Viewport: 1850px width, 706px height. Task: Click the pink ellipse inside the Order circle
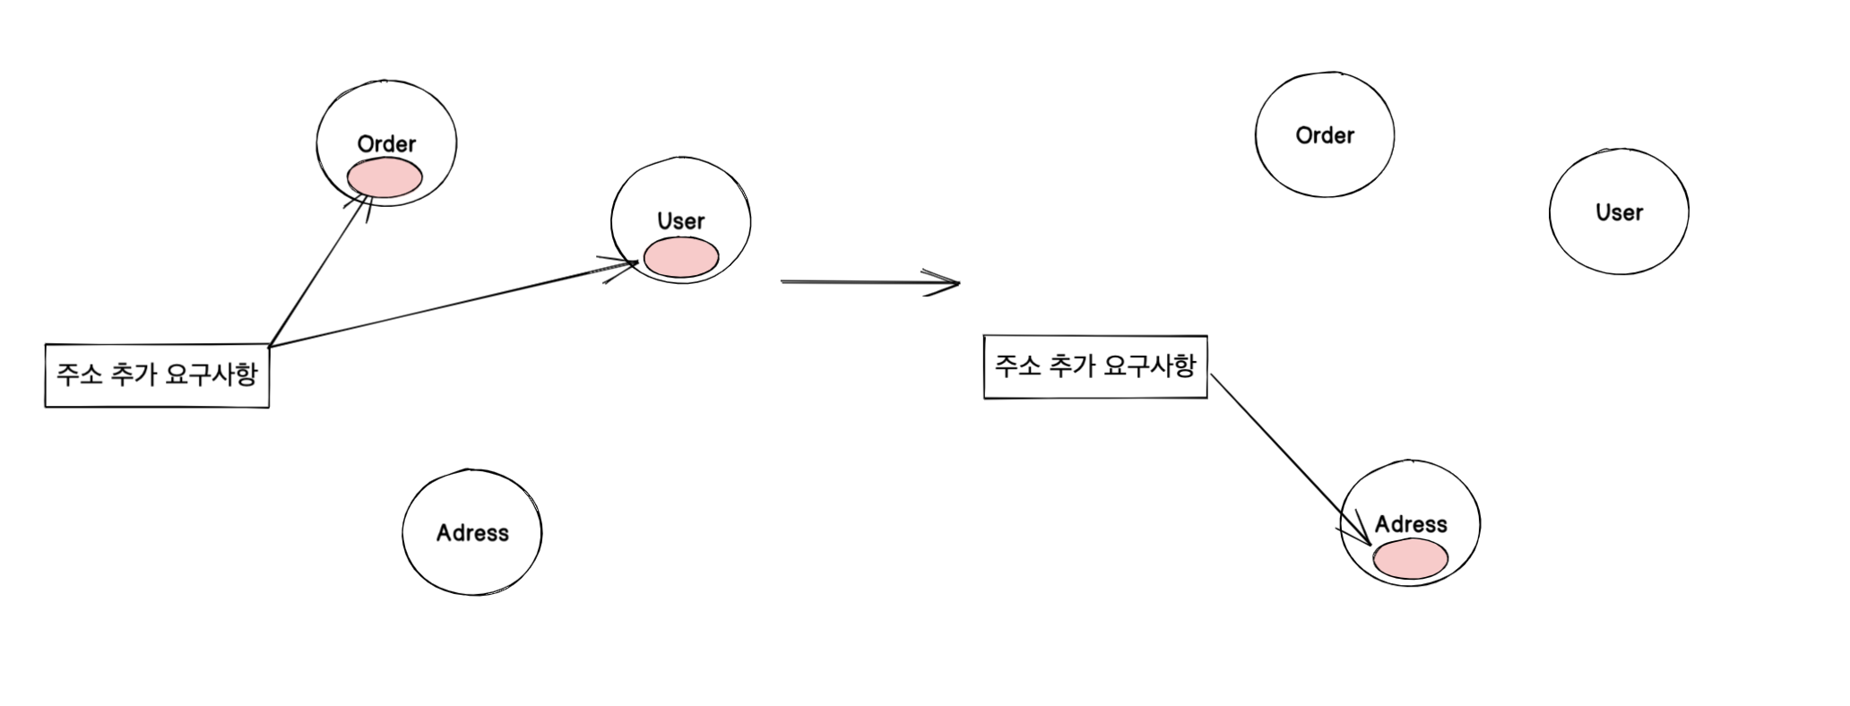[x=385, y=178]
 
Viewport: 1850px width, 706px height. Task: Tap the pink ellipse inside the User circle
[x=680, y=257]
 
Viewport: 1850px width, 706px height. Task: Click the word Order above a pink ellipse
[x=386, y=144]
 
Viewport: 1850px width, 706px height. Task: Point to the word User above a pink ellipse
[x=680, y=221]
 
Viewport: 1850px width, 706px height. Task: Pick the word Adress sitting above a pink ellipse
[x=1411, y=524]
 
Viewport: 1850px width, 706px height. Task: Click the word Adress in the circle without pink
[x=472, y=533]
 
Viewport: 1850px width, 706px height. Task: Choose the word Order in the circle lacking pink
[x=1325, y=135]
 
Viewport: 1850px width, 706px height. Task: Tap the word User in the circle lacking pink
[x=1619, y=212]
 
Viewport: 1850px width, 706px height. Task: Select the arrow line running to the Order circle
[x=318, y=272]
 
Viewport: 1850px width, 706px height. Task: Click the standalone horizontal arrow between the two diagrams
[x=860, y=282]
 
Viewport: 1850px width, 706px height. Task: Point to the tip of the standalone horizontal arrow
[x=958, y=284]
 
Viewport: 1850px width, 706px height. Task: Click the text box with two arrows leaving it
[x=157, y=375]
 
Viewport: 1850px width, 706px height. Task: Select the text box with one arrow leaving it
[x=1095, y=366]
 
